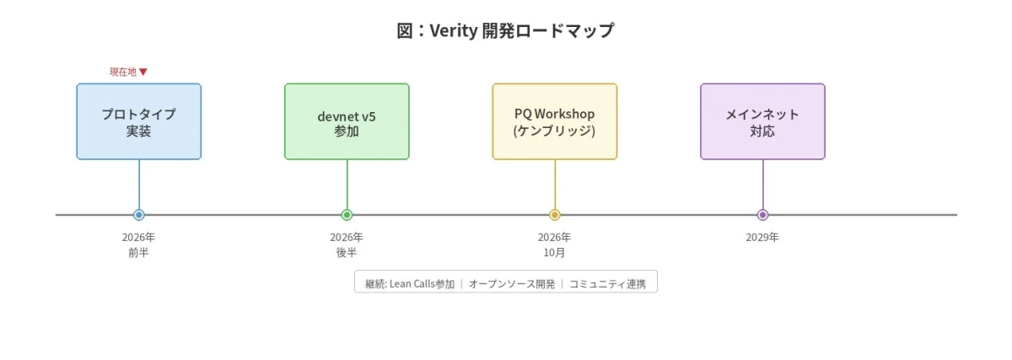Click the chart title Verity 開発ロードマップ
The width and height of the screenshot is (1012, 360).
pos(505,31)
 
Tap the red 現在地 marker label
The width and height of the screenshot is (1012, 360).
pos(128,72)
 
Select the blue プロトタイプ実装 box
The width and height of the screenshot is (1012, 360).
pos(139,121)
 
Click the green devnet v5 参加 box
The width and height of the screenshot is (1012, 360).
pos(347,121)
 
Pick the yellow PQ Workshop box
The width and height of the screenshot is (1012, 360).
pos(555,121)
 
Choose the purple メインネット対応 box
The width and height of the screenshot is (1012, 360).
pos(762,121)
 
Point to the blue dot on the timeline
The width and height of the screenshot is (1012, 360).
pos(139,215)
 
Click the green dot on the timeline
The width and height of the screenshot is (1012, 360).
pos(347,215)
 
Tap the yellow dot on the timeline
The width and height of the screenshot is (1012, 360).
pos(555,215)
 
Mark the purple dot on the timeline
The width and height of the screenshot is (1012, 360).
pos(762,215)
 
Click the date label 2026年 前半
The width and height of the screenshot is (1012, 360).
pos(139,244)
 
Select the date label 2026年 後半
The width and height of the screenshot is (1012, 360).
pos(347,244)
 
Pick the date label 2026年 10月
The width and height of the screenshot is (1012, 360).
pos(555,244)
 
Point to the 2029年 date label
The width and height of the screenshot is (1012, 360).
pos(762,237)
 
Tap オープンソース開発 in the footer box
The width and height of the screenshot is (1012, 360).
pos(512,284)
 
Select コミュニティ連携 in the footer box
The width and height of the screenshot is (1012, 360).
pos(607,284)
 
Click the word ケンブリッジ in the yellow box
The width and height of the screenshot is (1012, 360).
pos(555,131)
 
